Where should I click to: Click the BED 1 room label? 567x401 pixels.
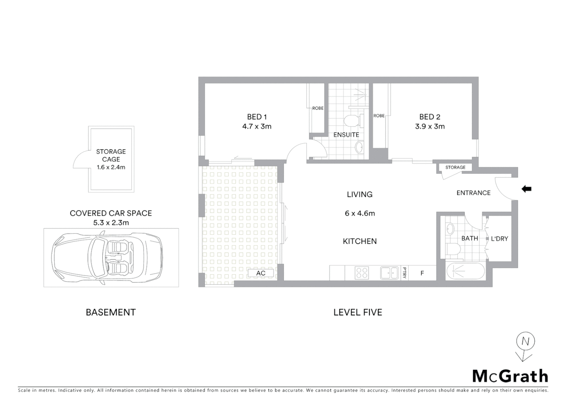(257, 117)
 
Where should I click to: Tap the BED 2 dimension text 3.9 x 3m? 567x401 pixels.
(430, 127)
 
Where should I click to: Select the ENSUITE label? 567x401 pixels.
(346, 135)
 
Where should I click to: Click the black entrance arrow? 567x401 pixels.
(527, 189)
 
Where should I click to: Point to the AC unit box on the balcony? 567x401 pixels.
(261, 273)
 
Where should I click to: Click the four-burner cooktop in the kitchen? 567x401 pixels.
(362, 273)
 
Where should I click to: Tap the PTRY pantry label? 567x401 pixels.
(404, 273)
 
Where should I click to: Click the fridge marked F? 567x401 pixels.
(422, 273)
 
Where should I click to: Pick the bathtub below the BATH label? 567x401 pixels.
(465, 272)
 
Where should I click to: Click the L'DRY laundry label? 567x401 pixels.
(499, 239)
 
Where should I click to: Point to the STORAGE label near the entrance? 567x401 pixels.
(455, 167)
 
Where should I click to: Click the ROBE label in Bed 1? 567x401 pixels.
(318, 108)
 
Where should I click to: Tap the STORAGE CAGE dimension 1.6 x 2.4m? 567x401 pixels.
(111, 167)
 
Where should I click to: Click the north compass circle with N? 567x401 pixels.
(525, 341)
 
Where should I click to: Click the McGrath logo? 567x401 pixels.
(510, 376)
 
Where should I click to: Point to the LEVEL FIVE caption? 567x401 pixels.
(358, 313)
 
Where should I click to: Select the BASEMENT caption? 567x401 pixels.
(111, 313)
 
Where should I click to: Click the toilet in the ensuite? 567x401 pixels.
(351, 121)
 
